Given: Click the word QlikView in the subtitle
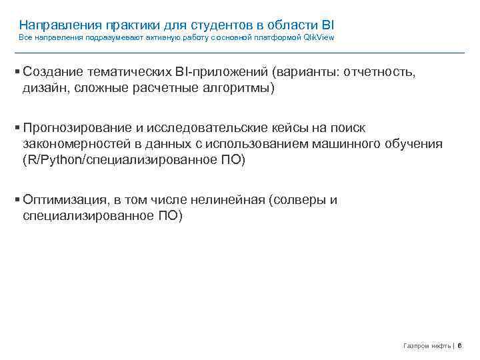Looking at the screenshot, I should click(319, 38).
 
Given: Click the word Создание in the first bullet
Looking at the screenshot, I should click(53, 72).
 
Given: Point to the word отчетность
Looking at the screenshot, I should click(380, 72).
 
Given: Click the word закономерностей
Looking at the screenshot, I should click(75, 144).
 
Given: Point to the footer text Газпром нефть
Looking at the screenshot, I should click(427, 346).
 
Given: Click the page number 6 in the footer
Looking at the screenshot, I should click(460, 346).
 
